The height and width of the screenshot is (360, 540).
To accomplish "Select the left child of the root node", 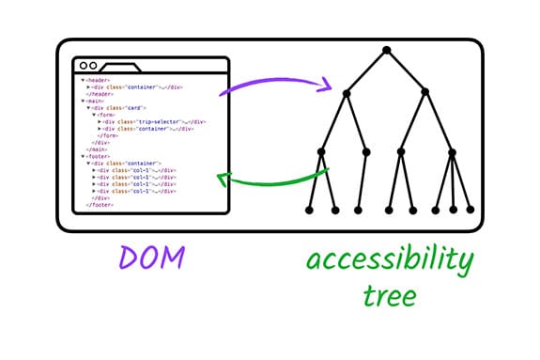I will pos(347,92).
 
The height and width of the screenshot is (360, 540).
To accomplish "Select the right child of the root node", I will pos(424,92).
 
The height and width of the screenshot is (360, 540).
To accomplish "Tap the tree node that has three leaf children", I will pos(452,151).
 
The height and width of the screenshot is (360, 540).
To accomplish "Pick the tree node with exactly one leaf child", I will pos(365,151).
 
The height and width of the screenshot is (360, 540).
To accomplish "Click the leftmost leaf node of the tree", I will pos(310,209).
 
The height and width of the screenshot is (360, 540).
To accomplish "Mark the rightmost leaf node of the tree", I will pos(471,209).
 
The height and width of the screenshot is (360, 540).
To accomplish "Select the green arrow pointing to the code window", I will pos(272,179).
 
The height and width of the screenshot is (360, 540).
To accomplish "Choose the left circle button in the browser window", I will pos(83,66).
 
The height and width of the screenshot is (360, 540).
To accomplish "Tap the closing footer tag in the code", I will pos(99,205).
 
